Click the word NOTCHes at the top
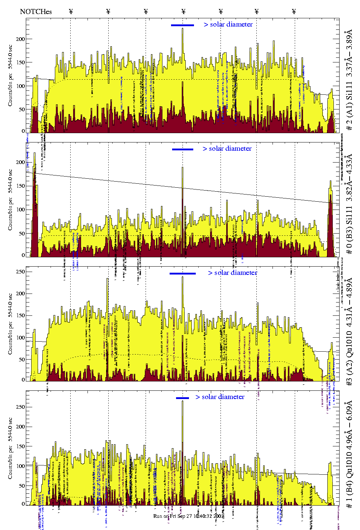pyautogui.click(x=36, y=11)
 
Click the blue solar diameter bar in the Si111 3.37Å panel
pyautogui.click(x=183, y=25)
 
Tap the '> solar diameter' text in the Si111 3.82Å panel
pyautogui.click(x=227, y=149)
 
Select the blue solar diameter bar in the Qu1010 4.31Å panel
pyautogui.click(x=183, y=273)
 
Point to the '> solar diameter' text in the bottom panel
pyautogui.click(x=220, y=397)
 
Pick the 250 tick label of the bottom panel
pyautogui.click(x=21, y=407)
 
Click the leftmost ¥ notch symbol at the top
pyautogui.click(x=71, y=11)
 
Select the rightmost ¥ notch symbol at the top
pyautogui.click(x=294, y=11)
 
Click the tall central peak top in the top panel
pyautogui.click(x=183, y=29)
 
